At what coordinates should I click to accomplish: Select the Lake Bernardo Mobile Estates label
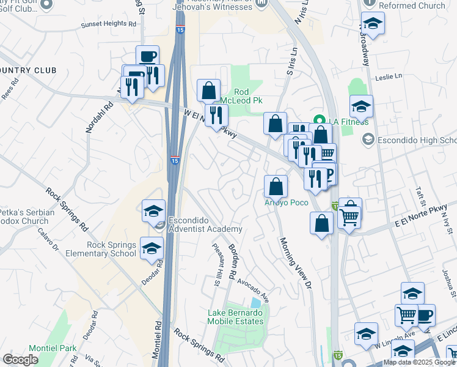(235, 316)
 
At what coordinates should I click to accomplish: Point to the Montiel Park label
(55, 348)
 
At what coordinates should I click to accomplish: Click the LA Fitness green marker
(318, 119)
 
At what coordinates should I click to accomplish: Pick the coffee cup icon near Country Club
(147, 56)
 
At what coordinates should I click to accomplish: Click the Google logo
(20, 360)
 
